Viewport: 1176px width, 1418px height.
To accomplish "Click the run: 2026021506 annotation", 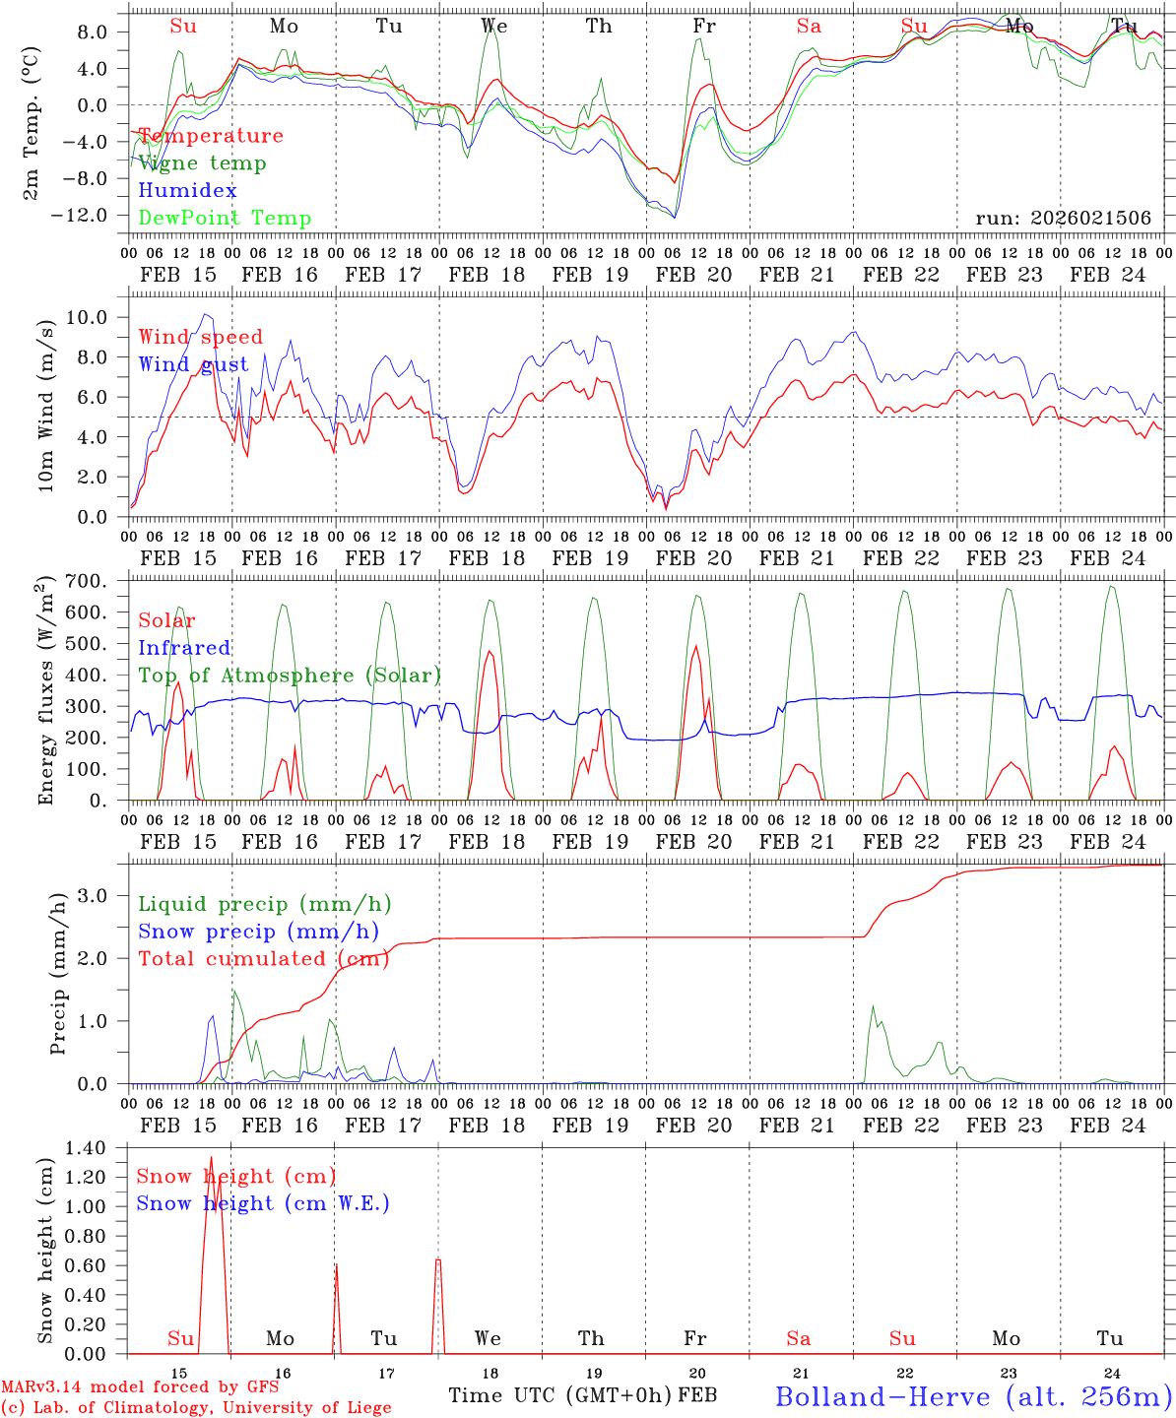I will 1063,218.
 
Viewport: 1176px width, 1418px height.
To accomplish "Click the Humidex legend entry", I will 187,190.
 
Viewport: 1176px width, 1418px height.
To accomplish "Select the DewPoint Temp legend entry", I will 225,218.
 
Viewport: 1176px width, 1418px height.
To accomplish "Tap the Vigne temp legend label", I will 202,163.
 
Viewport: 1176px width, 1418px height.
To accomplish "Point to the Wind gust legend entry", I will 193,364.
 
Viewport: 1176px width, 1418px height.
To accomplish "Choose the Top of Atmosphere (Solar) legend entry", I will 289,676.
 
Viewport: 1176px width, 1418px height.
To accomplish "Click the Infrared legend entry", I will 184,648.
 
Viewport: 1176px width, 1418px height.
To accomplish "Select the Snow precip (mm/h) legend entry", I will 258,932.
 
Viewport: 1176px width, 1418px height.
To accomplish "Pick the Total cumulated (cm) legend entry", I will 261,958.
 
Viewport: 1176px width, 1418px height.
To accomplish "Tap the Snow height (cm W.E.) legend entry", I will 262,1203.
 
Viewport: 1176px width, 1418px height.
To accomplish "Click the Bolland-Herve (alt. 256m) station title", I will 972,1396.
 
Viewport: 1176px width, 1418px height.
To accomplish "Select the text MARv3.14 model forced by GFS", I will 140,1387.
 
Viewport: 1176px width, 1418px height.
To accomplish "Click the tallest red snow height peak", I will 211,1158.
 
